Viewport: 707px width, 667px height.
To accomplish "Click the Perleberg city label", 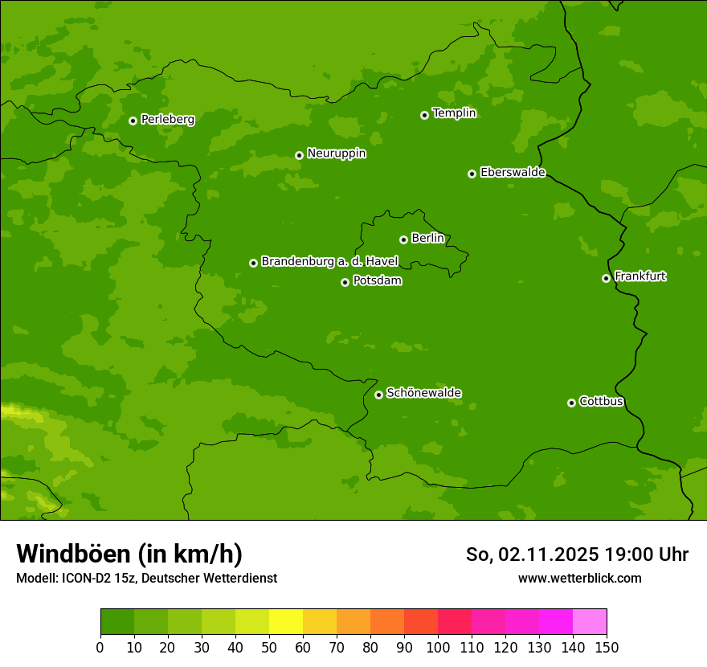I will coord(167,120).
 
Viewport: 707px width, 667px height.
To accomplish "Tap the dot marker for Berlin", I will coord(403,239).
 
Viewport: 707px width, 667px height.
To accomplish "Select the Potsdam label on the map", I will coord(377,281).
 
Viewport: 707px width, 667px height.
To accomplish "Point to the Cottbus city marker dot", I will coord(571,403).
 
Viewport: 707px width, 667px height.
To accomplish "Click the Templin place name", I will coord(454,113).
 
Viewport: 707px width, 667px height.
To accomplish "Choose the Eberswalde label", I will coord(513,173).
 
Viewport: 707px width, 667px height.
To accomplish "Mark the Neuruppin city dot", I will coord(299,155).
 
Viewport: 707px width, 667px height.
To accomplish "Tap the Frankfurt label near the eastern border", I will coord(640,276).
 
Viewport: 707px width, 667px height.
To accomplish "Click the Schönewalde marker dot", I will coord(378,395).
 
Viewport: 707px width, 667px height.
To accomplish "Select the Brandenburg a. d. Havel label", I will coord(329,262).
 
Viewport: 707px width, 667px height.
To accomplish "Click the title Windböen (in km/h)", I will coord(129,554).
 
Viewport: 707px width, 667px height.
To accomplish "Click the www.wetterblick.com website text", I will coord(579,578).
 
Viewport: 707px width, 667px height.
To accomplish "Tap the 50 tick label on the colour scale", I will coord(269,647).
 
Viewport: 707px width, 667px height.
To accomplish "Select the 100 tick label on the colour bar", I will coord(438,647).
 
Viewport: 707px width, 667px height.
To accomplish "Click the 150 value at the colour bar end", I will coord(607,647).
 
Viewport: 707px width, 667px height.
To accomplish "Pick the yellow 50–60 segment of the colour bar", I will coord(286,622).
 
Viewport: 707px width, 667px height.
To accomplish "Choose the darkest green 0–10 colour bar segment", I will coord(117,622).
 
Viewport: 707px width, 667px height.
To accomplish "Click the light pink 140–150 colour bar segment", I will coord(590,622).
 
